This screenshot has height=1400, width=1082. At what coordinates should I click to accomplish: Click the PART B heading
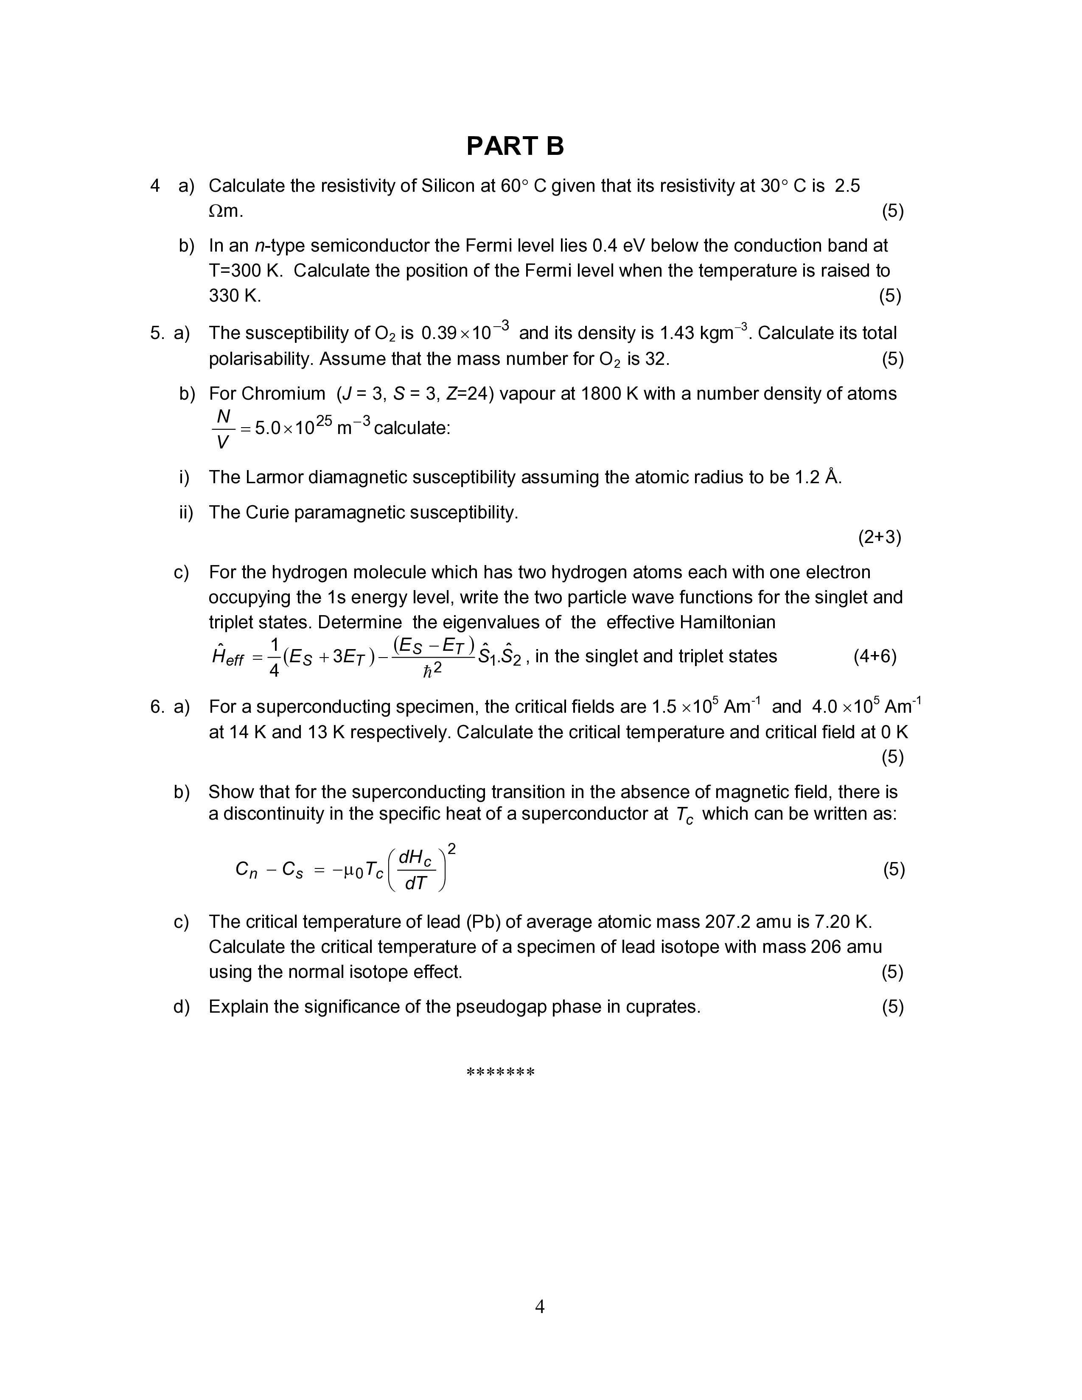pos(515,146)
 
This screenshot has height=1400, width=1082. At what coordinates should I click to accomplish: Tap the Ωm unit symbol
pos(226,211)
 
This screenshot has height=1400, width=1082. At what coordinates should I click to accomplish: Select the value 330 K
pos(235,296)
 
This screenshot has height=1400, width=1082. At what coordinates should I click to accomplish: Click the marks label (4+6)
pos(875,656)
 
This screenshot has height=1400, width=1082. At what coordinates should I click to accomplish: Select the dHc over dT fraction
pos(416,870)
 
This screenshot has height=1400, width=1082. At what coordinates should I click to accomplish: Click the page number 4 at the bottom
pos(540,1306)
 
